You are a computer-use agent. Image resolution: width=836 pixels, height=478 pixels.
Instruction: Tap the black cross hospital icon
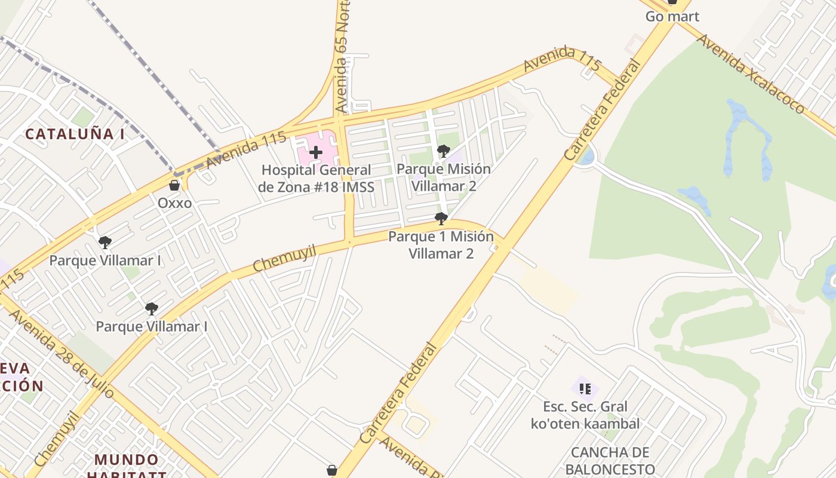coord(316,152)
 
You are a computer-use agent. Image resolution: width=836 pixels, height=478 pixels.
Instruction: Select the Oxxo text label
coord(175,203)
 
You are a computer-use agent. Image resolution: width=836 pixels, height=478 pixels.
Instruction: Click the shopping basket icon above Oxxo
coord(174,185)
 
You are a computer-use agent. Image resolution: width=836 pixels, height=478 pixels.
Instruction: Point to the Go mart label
coord(672,17)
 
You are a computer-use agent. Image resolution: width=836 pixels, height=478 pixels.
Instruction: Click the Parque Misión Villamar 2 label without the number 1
coord(444,177)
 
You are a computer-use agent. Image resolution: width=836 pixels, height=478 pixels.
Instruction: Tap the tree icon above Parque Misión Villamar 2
coord(443,151)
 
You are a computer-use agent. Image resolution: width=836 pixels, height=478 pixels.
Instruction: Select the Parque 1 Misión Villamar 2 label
coord(441,245)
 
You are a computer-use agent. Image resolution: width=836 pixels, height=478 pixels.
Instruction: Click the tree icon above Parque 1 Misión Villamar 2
coord(441,219)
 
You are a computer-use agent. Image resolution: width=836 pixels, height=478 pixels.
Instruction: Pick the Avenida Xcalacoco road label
coord(751,73)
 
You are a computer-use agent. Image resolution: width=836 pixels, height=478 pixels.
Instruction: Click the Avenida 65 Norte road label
coord(343,57)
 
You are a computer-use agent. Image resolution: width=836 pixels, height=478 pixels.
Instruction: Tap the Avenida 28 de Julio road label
coord(62,354)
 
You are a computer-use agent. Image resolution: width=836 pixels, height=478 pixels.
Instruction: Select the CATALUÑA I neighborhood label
coord(75,134)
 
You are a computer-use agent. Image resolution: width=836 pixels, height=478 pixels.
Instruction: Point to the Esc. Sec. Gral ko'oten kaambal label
coord(585,415)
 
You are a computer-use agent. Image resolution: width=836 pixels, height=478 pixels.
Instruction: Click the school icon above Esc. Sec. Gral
coord(585,389)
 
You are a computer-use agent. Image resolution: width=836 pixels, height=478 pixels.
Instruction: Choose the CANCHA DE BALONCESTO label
coord(610,460)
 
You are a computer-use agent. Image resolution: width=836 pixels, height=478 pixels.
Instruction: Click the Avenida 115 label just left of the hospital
coord(246,150)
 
